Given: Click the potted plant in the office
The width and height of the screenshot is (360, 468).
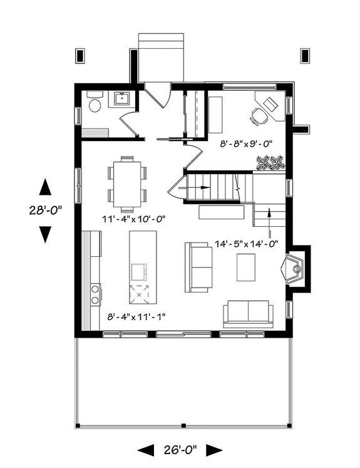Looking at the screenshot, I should (270, 163).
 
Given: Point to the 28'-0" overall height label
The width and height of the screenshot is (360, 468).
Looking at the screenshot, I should (44, 211).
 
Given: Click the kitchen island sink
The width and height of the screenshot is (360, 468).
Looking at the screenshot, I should (138, 271).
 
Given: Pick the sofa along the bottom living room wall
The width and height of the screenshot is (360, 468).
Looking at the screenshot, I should (249, 313).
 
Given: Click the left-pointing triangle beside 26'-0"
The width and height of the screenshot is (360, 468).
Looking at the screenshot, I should (145, 449).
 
